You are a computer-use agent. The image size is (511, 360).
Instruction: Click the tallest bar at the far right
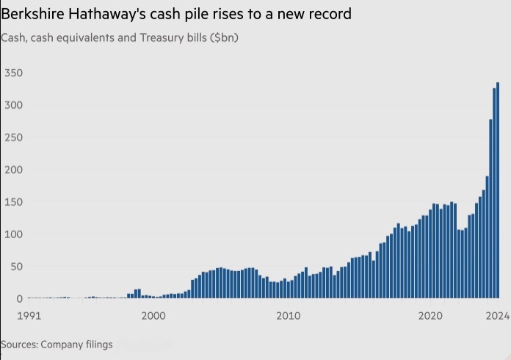point(497,191)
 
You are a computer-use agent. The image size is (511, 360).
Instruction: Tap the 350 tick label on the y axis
point(13,73)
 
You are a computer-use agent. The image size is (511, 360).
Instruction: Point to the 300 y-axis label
point(13,105)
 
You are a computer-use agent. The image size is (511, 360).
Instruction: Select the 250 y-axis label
point(13,137)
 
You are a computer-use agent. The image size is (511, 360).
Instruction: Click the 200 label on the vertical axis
point(13,170)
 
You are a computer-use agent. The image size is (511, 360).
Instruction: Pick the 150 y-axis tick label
point(13,202)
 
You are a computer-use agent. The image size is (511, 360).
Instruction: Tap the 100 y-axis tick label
point(13,234)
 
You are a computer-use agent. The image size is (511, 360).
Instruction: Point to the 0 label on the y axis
point(19,299)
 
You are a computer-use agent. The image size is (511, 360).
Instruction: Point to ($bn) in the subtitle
point(224,37)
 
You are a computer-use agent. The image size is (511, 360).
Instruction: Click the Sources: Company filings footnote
point(57,344)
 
